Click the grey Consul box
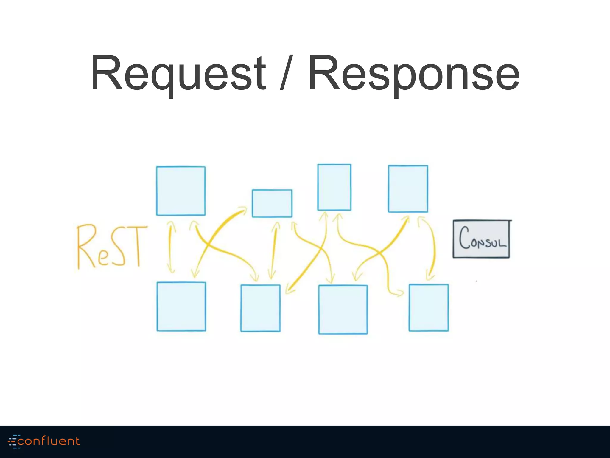point(481,239)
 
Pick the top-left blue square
point(181,191)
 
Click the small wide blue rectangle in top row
point(272,203)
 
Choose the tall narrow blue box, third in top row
point(334,187)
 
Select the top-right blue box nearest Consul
point(408,189)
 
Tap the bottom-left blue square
point(181,307)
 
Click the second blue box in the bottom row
point(260,308)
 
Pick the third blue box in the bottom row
point(343,310)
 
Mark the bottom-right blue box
point(428,308)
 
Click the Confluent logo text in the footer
point(49,441)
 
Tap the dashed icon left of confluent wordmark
point(13,441)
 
